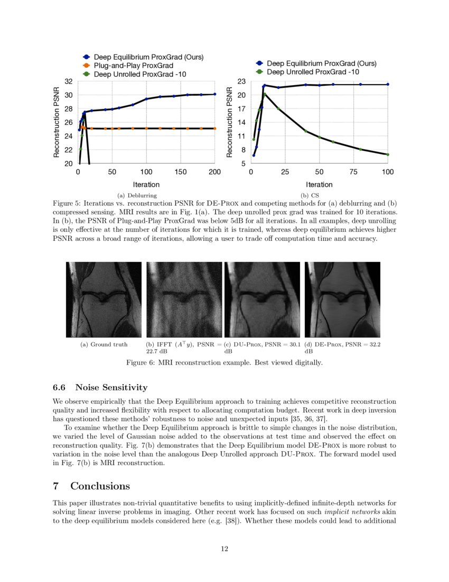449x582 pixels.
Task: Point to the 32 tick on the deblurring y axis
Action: (68, 81)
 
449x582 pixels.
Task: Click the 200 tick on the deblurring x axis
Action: (214, 172)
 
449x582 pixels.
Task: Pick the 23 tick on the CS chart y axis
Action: (241, 81)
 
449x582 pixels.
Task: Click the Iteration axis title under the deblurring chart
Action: (146, 185)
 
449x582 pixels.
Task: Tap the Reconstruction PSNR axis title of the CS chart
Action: (230, 122)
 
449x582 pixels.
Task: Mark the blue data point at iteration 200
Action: (214, 94)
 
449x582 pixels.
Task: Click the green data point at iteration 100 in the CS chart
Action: (388, 154)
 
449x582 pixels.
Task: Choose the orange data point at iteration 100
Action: (146, 128)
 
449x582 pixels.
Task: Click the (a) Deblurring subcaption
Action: (133, 196)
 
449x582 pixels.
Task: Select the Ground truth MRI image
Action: (104, 299)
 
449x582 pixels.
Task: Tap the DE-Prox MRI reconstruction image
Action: (342, 299)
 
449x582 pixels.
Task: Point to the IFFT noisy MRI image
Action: (184, 299)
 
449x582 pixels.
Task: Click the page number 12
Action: (224, 549)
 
